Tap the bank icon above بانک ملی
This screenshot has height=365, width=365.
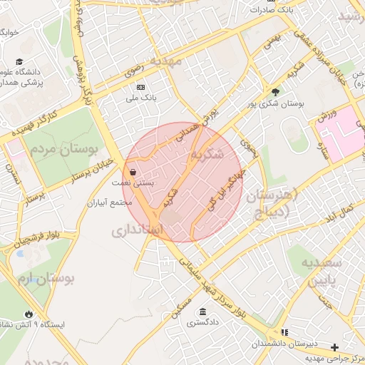pos(140,86)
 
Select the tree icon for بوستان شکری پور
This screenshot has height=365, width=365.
pos(275,91)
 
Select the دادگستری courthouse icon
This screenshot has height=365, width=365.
pos(203,312)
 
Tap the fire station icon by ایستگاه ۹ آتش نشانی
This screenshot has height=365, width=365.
pos(28,313)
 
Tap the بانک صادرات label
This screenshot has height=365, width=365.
pos(276,10)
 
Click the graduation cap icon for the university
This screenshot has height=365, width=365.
pos(19,62)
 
